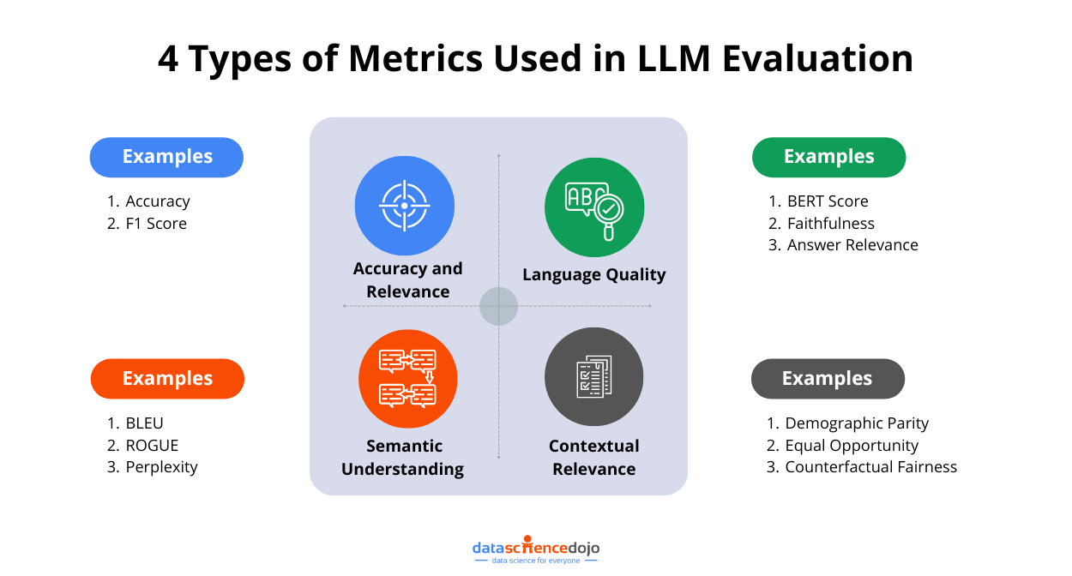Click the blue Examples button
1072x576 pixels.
pyautogui.click(x=167, y=157)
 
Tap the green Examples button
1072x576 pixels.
pyautogui.click(x=828, y=157)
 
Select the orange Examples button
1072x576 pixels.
pyautogui.click(x=167, y=379)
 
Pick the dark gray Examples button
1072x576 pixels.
pyautogui.click(x=828, y=379)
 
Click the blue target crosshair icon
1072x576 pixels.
pyautogui.click(x=404, y=206)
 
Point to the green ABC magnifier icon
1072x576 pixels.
pyautogui.click(x=593, y=207)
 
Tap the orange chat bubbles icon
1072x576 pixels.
pyautogui.click(x=407, y=378)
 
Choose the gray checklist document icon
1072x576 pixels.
pyautogui.click(x=593, y=377)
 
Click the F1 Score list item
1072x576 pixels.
pyautogui.click(x=156, y=224)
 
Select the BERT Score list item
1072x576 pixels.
pyautogui.click(x=828, y=201)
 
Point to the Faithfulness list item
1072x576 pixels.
pyautogui.click(x=831, y=224)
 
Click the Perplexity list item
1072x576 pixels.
pyautogui.click(x=161, y=467)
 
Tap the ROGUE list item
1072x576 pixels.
pyautogui.click(x=152, y=446)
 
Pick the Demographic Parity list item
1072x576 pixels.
pyautogui.click(x=857, y=423)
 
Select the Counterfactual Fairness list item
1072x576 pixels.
pyautogui.click(x=870, y=467)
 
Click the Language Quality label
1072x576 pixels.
pyautogui.click(x=593, y=275)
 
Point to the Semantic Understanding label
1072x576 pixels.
pyautogui.click(x=403, y=458)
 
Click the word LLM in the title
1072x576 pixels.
pyautogui.click(x=668, y=59)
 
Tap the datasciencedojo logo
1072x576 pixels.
pyautogui.click(x=536, y=550)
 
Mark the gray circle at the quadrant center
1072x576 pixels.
pyautogui.click(x=498, y=306)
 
